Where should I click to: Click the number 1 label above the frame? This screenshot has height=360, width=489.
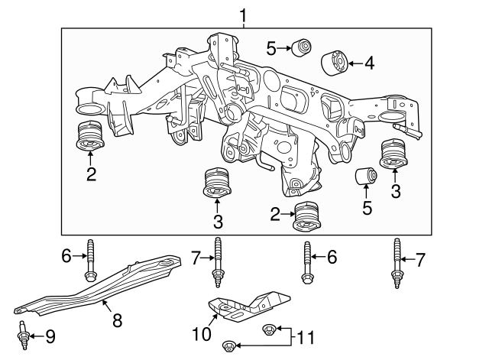pos(244,15)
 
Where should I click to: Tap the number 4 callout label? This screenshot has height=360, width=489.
pos(370,63)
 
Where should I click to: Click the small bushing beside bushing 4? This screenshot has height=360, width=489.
pos(302,47)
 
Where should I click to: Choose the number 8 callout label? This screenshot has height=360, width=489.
pos(117,320)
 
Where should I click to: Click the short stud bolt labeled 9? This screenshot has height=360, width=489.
pos(23,336)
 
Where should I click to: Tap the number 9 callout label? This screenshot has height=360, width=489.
pos(50,336)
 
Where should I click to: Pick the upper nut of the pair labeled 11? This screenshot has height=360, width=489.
pos(267,329)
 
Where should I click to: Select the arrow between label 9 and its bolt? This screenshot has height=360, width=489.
pos(37,336)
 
